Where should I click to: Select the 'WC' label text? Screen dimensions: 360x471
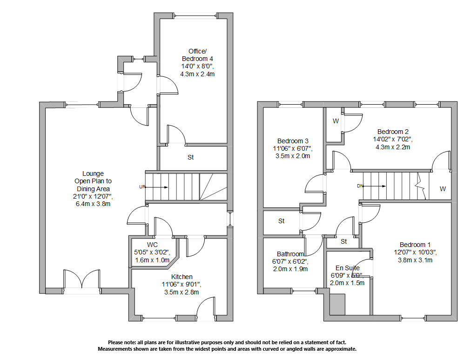click(x=152, y=245)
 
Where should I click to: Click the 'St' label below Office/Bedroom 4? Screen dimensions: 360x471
click(x=190, y=158)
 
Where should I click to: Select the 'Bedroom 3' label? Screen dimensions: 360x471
click(x=293, y=141)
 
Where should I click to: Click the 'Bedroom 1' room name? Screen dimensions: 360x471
click(x=415, y=245)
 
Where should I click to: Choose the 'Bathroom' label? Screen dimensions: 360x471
click(x=290, y=254)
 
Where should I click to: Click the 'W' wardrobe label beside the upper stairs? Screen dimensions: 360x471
click(x=442, y=189)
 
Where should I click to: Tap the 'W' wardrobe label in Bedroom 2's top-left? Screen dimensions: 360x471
click(x=335, y=121)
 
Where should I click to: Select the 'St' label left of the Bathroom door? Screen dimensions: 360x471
click(x=282, y=221)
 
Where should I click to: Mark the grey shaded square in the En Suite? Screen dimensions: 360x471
click(x=337, y=305)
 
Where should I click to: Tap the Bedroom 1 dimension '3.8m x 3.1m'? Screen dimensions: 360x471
click(x=415, y=260)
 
